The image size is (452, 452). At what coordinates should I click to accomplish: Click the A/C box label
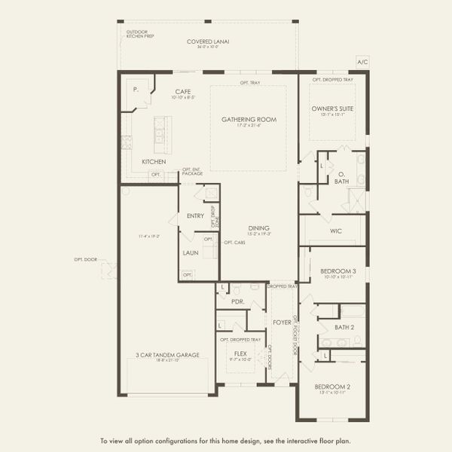coord(362,62)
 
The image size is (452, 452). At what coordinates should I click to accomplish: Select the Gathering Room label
coord(249,119)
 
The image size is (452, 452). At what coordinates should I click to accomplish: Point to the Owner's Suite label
coord(332,108)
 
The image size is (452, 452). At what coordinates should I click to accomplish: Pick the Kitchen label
coord(154,162)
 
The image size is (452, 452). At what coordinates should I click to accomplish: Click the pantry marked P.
coord(136,89)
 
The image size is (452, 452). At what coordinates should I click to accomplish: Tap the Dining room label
coord(259,228)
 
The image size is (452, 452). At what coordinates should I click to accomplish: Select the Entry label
coord(195,216)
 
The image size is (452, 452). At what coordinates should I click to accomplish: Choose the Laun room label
coord(191,252)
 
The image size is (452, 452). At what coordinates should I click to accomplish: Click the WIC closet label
coord(336,231)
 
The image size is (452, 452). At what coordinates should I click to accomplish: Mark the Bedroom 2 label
coord(332,386)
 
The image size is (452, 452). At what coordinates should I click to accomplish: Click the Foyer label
coord(282,322)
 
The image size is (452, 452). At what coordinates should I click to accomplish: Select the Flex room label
coord(240,353)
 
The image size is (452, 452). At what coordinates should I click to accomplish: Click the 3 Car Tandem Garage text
coord(167,355)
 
